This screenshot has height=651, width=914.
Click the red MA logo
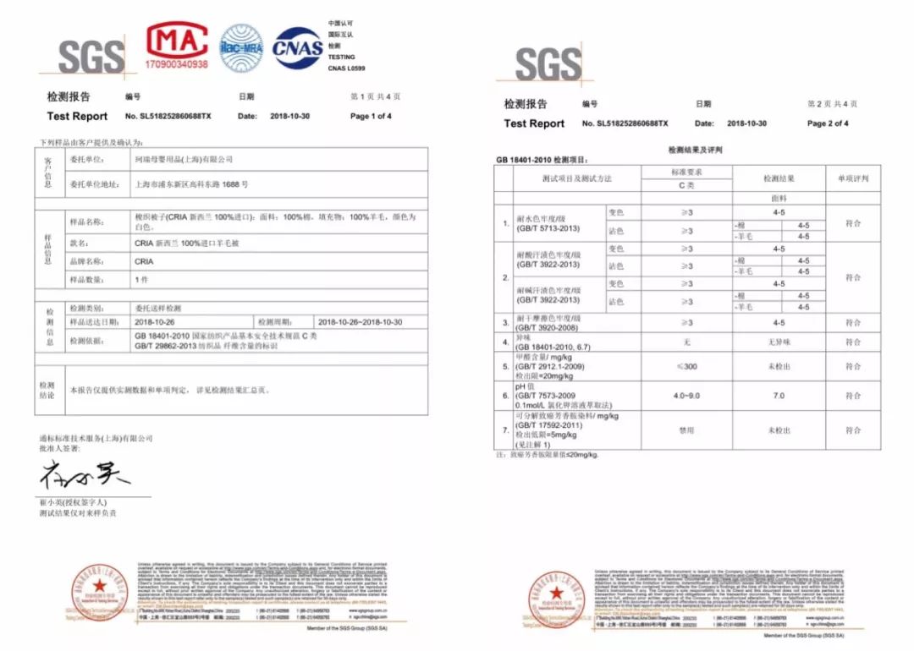click(177, 40)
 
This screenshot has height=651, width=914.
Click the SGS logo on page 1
click(91, 56)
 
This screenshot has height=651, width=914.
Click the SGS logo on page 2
click(548, 63)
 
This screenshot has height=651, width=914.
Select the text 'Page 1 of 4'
click(371, 116)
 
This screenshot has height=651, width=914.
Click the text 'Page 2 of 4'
click(828, 123)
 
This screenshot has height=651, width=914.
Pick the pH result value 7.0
click(779, 396)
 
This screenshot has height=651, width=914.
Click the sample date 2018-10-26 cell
click(154, 322)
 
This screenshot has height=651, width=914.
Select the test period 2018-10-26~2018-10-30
click(360, 322)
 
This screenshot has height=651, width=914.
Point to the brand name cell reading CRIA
click(144, 261)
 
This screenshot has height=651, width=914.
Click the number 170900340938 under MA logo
click(177, 64)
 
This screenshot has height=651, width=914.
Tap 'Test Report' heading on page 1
click(77, 116)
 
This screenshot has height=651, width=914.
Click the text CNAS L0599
click(347, 68)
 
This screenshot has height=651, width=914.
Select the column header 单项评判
click(853, 178)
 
